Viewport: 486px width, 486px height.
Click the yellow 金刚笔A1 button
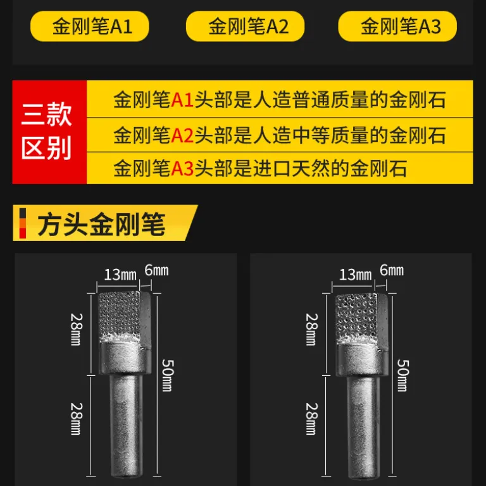click(90, 26)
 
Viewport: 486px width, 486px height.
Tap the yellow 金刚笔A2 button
click(245, 26)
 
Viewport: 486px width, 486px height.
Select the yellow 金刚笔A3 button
click(397, 26)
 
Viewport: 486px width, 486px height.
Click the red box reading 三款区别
click(49, 132)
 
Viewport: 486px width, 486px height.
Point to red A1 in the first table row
click(182, 100)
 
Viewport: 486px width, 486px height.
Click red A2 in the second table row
click(182, 135)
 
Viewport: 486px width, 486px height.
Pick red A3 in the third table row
click(182, 168)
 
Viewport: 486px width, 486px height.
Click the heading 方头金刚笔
click(101, 224)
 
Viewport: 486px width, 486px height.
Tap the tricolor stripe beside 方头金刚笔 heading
click(23, 223)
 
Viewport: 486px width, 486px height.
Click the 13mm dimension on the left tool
click(120, 275)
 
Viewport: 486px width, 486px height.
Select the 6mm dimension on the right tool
click(392, 271)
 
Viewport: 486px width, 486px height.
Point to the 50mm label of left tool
click(168, 375)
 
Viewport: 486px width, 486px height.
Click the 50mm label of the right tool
click(403, 375)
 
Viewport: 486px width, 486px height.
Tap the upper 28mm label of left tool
click(77, 329)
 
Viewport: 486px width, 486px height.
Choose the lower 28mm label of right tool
click(312, 419)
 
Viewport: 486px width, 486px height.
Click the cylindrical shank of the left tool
click(126, 425)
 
